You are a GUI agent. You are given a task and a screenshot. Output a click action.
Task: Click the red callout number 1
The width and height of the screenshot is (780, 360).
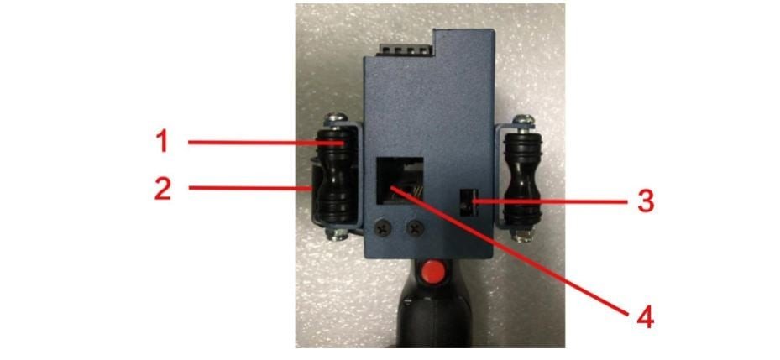(163, 142)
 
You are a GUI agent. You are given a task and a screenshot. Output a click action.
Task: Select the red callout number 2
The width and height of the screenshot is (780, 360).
(163, 189)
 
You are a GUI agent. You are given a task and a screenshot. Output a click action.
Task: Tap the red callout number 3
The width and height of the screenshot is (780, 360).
(645, 202)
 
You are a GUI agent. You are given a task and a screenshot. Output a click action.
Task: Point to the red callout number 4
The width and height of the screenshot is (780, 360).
(645, 316)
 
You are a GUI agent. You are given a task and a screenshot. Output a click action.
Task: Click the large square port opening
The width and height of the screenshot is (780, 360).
(400, 181)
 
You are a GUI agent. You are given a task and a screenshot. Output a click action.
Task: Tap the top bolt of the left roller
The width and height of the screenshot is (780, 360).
(337, 119)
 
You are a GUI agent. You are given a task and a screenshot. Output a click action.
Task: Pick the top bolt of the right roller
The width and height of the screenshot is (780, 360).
(523, 120)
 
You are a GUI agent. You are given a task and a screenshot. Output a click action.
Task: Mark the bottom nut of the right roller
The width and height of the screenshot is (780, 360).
(522, 235)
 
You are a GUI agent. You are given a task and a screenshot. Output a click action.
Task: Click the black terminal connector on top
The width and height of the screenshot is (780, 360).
(406, 49)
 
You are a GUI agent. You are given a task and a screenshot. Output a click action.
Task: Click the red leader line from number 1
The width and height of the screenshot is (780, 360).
(266, 143)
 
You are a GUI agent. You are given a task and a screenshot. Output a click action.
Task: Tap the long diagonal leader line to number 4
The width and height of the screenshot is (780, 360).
(509, 251)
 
